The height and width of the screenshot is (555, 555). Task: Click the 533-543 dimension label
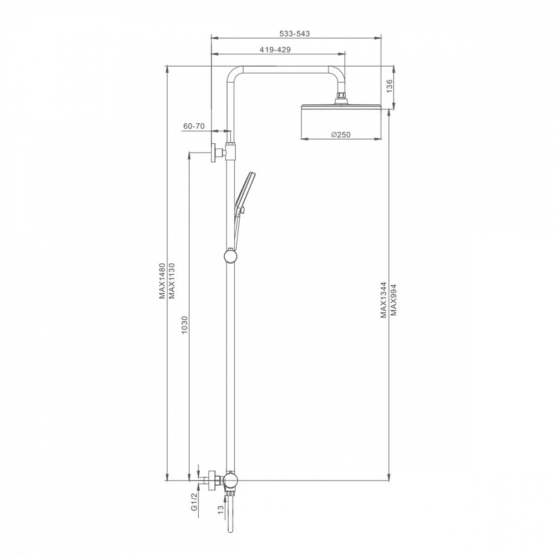click(x=295, y=34)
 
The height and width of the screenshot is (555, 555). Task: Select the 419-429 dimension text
click(x=275, y=50)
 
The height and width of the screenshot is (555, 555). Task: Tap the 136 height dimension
click(x=390, y=86)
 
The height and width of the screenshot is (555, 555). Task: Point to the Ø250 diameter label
click(x=341, y=135)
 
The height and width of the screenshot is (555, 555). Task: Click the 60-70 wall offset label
click(x=194, y=126)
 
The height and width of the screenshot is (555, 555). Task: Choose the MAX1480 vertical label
click(x=163, y=281)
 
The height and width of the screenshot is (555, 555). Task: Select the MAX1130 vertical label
click(x=172, y=281)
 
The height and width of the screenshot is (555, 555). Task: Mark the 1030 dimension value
click(x=184, y=326)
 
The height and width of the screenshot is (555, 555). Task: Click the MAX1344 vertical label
click(x=384, y=300)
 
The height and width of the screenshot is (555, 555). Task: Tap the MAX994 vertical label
click(x=393, y=300)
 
